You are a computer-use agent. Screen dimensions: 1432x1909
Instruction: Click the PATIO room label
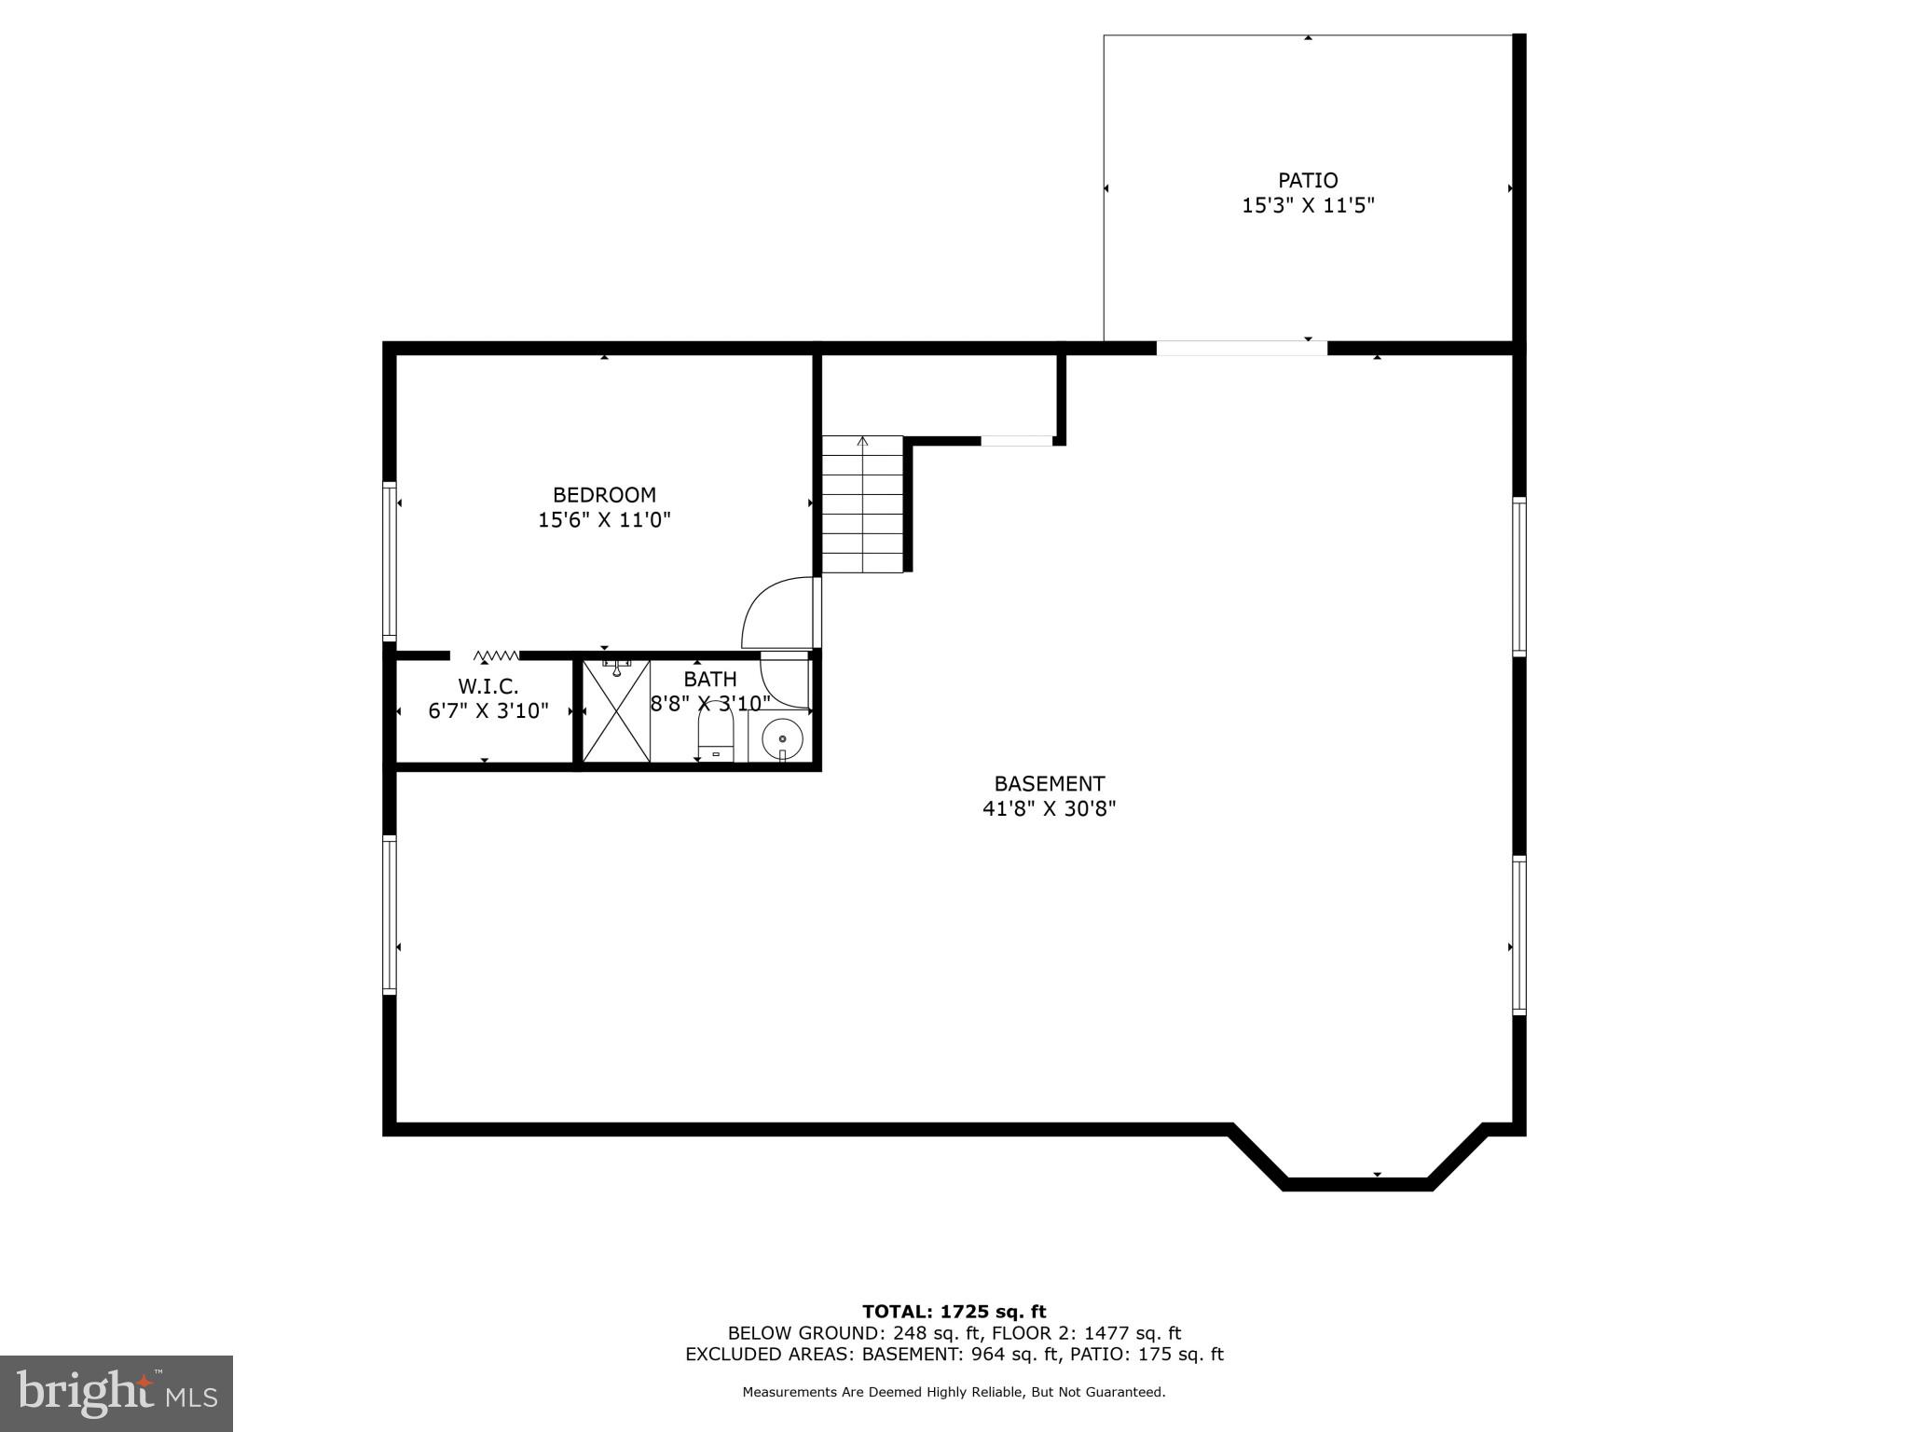pyautogui.click(x=1307, y=180)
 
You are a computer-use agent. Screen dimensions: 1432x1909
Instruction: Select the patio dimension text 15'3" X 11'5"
pyautogui.click(x=1307, y=206)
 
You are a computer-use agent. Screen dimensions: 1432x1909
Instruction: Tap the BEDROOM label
pyautogui.click(x=604, y=495)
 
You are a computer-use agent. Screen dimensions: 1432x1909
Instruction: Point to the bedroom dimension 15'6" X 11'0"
pyautogui.click(x=604, y=520)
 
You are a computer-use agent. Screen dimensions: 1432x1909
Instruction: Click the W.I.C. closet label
pyautogui.click(x=488, y=687)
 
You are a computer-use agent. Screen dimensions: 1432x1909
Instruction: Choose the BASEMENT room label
pyautogui.click(x=1049, y=784)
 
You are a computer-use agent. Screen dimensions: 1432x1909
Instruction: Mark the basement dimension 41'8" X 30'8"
pyautogui.click(x=1049, y=809)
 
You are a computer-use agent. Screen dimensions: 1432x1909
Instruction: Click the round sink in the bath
pyautogui.click(x=782, y=739)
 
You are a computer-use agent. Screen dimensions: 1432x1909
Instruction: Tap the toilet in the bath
pyautogui.click(x=716, y=737)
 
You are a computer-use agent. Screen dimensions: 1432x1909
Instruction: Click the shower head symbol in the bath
pyautogui.click(x=616, y=667)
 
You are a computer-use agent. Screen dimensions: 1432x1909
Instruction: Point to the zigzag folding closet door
pyautogui.click(x=496, y=655)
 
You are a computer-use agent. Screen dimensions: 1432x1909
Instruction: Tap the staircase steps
pyautogui.click(x=862, y=504)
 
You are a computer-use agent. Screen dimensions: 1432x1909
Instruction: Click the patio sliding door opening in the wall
pyautogui.click(x=1241, y=349)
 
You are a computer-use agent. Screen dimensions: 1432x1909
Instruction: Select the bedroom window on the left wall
pyautogui.click(x=390, y=560)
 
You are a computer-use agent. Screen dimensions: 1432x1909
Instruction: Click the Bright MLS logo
pyautogui.click(x=117, y=1393)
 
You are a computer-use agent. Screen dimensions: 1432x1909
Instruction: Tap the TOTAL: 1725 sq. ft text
pyautogui.click(x=954, y=1312)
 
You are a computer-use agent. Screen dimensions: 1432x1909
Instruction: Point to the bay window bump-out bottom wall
pyautogui.click(x=1356, y=1184)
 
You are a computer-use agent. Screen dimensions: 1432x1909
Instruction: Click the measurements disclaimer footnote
pyautogui.click(x=954, y=1392)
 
